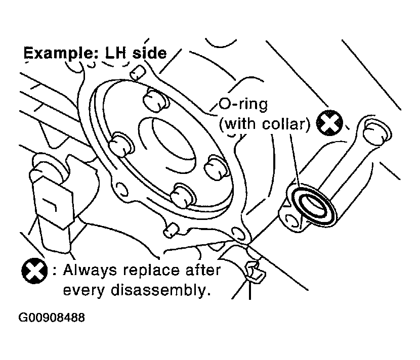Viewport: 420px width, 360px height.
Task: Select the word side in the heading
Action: tap(150, 53)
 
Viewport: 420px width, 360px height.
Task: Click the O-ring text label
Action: tap(243, 104)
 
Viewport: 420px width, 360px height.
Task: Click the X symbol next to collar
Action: tap(329, 123)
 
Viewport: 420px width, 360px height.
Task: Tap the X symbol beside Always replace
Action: tap(34, 271)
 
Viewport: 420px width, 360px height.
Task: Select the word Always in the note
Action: tap(90, 271)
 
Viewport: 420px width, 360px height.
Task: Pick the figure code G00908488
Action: tap(52, 318)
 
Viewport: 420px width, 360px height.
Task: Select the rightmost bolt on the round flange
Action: tap(217, 167)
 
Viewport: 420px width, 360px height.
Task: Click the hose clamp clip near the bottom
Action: tap(256, 272)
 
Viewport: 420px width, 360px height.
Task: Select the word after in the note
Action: tap(203, 270)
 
